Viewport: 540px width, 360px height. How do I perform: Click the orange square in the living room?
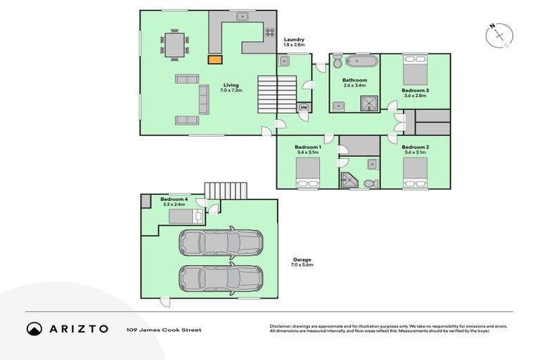[x=213, y=60]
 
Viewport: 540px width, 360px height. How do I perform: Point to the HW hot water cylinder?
[x=304, y=108]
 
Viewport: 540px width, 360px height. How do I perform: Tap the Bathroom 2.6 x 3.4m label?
[x=354, y=84]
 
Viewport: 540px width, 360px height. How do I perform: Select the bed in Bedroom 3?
[x=415, y=68]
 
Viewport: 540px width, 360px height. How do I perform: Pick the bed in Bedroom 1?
[x=307, y=172]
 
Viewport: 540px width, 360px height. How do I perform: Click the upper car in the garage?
[x=220, y=243]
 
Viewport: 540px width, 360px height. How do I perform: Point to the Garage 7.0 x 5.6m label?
[x=302, y=262]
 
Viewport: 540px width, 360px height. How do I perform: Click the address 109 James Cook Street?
[x=164, y=329]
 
